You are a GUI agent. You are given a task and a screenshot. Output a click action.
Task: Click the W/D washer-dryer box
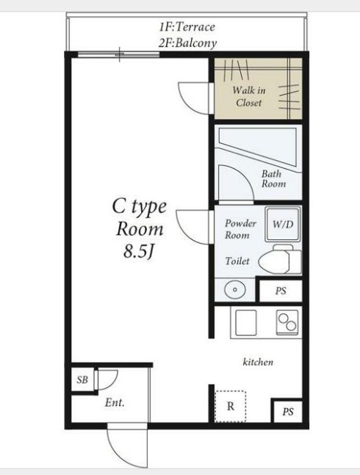tap(283, 224)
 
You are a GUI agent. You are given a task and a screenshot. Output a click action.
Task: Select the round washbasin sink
tap(235, 289)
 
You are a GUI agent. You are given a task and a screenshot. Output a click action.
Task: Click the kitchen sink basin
tap(246, 322)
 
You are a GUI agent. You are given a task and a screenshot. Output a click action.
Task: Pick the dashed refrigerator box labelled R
tap(230, 406)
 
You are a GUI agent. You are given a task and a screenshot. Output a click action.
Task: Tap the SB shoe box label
tap(82, 380)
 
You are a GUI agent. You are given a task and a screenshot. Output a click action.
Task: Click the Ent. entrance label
tap(115, 402)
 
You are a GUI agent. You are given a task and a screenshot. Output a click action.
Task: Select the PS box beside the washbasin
tap(281, 291)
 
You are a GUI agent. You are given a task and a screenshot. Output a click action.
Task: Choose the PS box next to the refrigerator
tap(288, 412)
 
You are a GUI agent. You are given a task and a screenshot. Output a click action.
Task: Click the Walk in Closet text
tap(249, 96)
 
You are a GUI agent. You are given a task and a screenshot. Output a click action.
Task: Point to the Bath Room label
tap(273, 178)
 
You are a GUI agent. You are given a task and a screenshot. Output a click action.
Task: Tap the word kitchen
tap(258, 362)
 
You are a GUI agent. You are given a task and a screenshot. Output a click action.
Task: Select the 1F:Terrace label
tap(187, 27)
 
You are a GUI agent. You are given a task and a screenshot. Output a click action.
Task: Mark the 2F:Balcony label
tap(187, 43)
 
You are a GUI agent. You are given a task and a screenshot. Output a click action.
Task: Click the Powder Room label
tap(240, 229)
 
